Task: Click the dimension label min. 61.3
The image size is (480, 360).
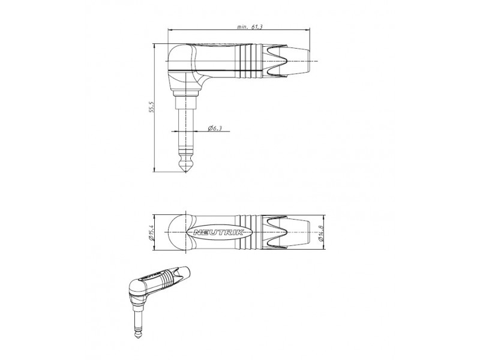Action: click(x=250, y=26)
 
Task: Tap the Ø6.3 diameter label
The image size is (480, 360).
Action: click(x=215, y=128)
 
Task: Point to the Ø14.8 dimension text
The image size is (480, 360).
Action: click(x=321, y=233)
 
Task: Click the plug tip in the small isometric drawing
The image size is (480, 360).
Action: click(x=139, y=336)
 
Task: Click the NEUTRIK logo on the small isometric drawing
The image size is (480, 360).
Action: click(x=151, y=274)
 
